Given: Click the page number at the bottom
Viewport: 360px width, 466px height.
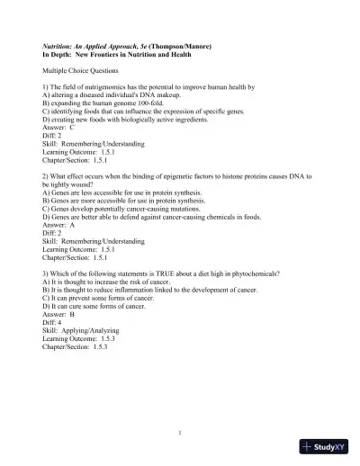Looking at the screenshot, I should click(180, 432).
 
